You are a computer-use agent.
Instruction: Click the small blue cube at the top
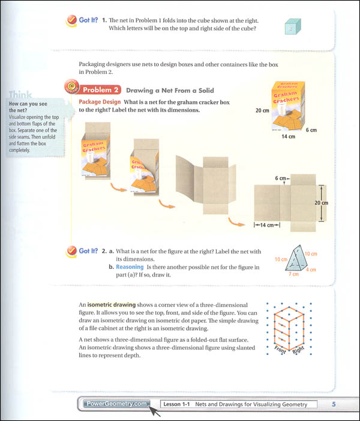(292, 27)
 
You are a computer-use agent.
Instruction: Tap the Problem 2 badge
(97, 90)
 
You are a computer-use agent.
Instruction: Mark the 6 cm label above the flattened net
(279, 178)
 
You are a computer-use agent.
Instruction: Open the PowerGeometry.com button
(115, 404)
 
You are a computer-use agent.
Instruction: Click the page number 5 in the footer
(334, 404)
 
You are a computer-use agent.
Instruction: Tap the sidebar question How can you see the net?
(26, 107)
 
